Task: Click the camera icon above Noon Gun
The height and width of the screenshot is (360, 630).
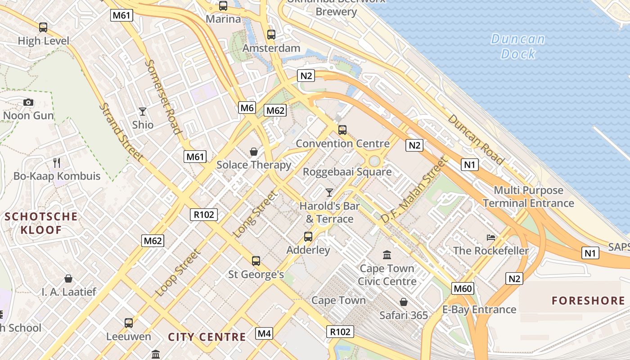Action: click(x=28, y=103)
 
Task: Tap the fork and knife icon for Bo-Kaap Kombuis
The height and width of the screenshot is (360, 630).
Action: click(x=57, y=162)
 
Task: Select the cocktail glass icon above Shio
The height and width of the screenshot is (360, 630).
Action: click(x=143, y=111)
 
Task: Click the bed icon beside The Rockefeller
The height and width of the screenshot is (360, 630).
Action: click(x=490, y=237)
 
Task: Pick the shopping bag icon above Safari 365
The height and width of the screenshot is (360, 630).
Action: click(x=404, y=302)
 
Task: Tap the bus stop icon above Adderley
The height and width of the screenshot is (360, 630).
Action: click(x=308, y=237)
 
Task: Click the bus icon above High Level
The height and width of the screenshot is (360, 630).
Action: click(x=43, y=27)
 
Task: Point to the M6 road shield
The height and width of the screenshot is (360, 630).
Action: click(x=247, y=108)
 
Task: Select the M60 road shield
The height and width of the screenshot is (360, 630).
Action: click(x=463, y=288)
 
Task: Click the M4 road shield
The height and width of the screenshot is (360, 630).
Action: click(x=264, y=333)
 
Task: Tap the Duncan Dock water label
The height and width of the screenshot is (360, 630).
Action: click(x=518, y=46)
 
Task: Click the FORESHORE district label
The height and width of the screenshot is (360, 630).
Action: click(x=588, y=301)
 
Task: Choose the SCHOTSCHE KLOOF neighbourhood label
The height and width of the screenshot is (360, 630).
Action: click(x=40, y=223)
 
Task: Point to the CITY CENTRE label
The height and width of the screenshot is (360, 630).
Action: click(x=207, y=337)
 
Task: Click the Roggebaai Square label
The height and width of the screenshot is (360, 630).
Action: click(x=347, y=172)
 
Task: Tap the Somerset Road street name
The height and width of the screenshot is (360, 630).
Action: click(x=163, y=97)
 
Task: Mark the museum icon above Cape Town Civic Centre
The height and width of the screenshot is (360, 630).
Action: click(x=387, y=256)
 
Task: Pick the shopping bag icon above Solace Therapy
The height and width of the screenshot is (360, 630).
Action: click(x=254, y=152)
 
